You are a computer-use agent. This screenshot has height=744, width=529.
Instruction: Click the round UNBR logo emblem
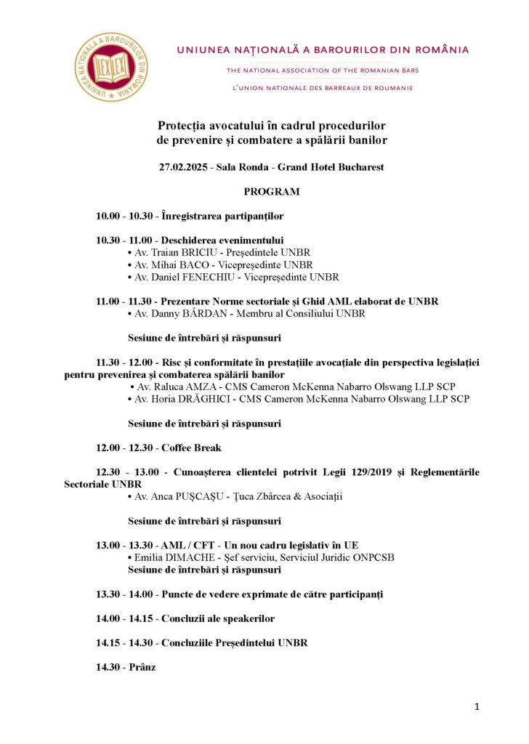tap(111, 66)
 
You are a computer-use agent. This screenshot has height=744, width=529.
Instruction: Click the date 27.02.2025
tap(184, 167)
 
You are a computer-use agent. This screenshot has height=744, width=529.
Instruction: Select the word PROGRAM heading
tap(272, 192)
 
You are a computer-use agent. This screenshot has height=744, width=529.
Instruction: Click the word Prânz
tap(142, 667)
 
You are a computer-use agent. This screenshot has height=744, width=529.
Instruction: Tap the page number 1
tap(477, 706)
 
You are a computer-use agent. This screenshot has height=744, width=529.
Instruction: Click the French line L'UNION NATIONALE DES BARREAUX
tap(322, 88)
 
